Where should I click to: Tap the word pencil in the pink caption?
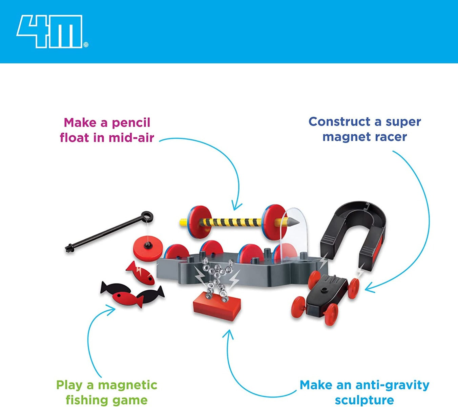131,123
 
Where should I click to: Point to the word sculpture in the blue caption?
364,400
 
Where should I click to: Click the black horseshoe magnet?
354,231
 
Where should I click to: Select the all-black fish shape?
115,288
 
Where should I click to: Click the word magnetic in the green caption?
127,385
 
